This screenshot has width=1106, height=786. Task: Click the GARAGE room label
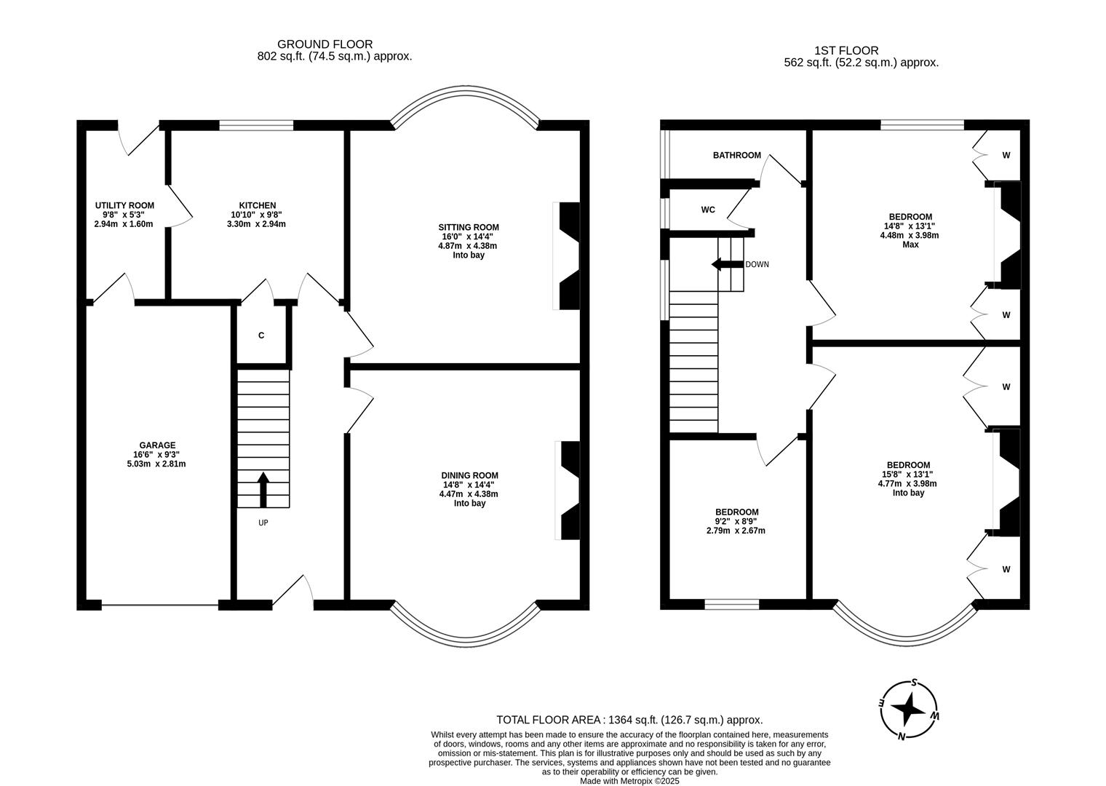pos(157,445)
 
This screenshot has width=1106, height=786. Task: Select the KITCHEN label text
pos(257,206)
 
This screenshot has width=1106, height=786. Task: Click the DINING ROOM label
pos(470,475)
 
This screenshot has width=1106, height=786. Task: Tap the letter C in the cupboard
pos(261,336)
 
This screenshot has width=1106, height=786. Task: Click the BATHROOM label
pos(736,155)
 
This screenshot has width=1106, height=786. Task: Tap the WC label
pos(708,210)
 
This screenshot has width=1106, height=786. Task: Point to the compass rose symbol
pos(909,710)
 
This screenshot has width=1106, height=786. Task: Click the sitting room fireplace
pos(568,255)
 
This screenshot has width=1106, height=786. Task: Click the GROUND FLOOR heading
pos(325,44)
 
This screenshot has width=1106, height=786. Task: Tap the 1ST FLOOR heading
pos(846,51)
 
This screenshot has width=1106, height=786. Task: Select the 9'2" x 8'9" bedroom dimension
pos(736,521)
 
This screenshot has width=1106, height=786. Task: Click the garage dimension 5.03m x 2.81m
pos(156,464)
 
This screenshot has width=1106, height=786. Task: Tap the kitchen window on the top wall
pos(256,125)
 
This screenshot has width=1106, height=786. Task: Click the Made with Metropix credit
pos(629,781)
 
